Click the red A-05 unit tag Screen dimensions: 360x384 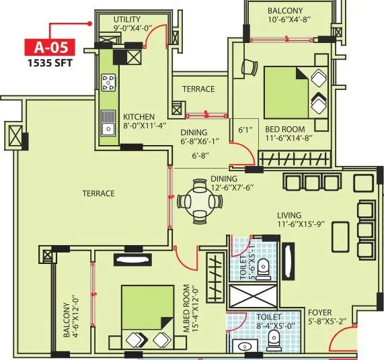click(x=50, y=48)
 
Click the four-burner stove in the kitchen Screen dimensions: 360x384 click(x=108, y=83)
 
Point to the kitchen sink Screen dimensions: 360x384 click(x=108, y=125)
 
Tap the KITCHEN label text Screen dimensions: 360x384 click(x=138, y=116)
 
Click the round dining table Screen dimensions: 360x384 click(x=198, y=200)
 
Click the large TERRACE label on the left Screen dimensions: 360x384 click(x=98, y=193)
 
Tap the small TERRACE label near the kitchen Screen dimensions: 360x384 click(x=198, y=89)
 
